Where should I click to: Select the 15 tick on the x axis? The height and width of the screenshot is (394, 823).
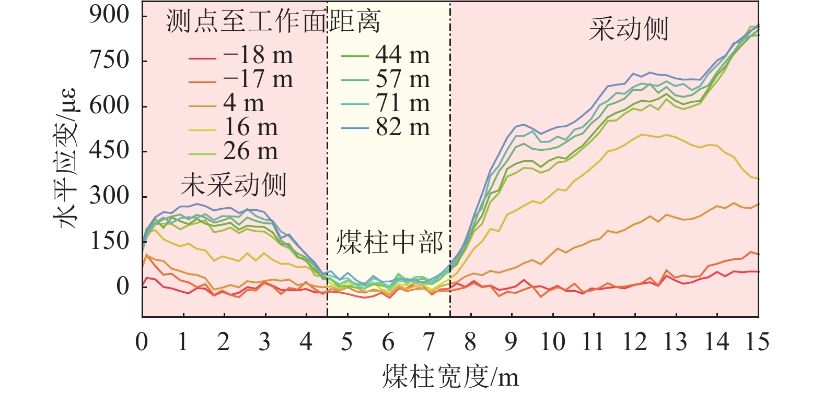pyautogui.click(x=757, y=342)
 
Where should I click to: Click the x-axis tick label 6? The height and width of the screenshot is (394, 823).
pyautogui.click(x=388, y=342)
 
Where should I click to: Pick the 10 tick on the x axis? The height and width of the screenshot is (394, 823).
pyautogui.click(x=552, y=342)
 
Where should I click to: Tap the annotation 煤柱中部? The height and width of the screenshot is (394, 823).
pyautogui.click(x=389, y=243)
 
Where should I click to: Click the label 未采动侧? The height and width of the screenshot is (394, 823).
pyautogui.click(x=234, y=185)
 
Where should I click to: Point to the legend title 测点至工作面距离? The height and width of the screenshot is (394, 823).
pyautogui.click(x=273, y=22)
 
